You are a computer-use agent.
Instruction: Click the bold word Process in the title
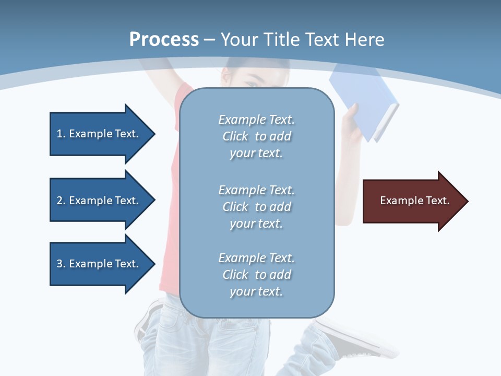tap(164, 40)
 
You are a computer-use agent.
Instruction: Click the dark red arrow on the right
tap(412, 201)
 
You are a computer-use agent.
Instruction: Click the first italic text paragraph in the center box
tap(256, 136)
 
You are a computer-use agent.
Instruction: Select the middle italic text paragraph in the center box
tap(256, 207)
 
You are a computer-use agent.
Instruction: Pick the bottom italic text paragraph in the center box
tap(256, 275)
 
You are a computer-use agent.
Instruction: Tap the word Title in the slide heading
tap(283, 40)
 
